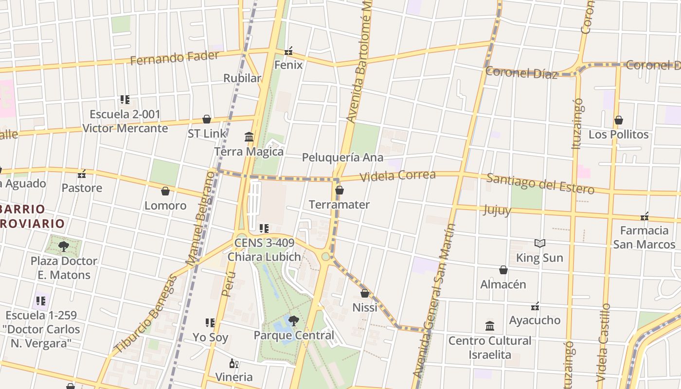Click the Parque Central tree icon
pos(293,321)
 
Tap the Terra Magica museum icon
pos(249,137)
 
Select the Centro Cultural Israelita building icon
pos(490,326)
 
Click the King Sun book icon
pos(539,243)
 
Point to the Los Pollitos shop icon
pos(619,120)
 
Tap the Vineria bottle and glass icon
pos(234,363)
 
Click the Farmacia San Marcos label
pos(644,237)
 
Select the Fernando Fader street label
pos(175,58)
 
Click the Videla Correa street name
pos(397,176)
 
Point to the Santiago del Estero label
pos(540,184)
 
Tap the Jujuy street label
pos(497,210)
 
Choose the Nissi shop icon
pos(365,293)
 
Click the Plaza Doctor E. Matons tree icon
pos(63,247)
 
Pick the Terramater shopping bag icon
pos(340,190)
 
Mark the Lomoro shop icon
pos(165,191)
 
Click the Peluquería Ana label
pos(342,158)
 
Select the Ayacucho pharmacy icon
pos(535,306)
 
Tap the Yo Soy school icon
pos(210,322)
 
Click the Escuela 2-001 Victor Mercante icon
pos(125,100)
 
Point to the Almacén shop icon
pos(503,270)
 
